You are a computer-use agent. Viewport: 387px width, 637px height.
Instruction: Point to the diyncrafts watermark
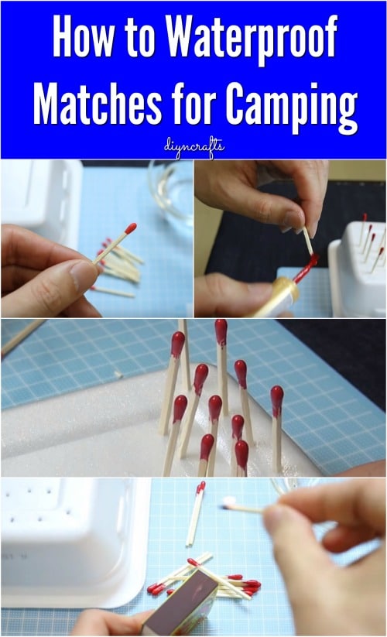pyautogui.click(x=193, y=146)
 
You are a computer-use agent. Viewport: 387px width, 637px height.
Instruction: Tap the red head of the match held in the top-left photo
pyautogui.click(x=131, y=228)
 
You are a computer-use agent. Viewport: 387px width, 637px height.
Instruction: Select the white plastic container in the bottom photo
pyautogui.click(x=74, y=534)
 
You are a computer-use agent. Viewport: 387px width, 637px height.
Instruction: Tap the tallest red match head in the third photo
pyautogui.click(x=221, y=332)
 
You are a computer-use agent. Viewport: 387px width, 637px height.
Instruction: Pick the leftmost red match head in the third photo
pyautogui.click(x=178, y=344)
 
